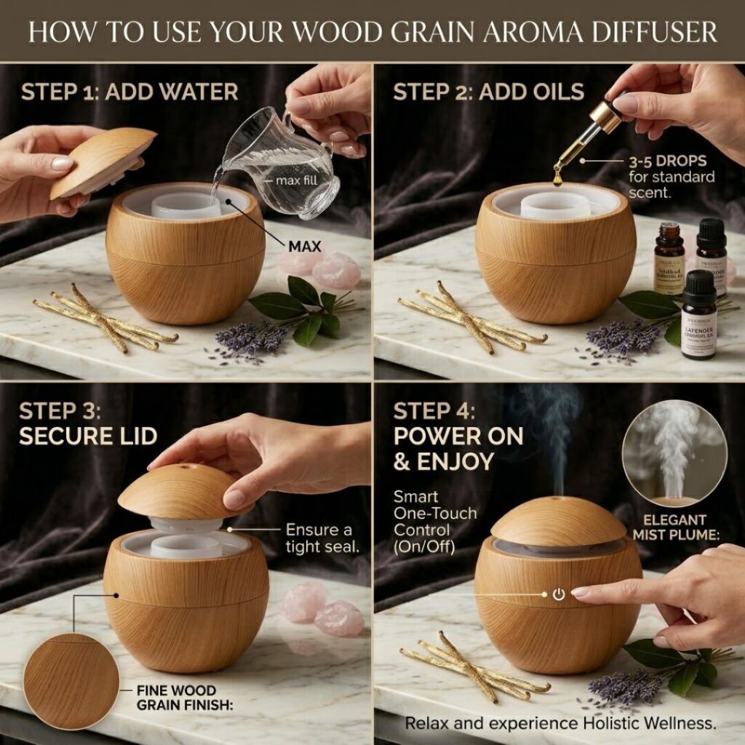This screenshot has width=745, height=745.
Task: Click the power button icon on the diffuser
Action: pyautogui.click(x=558, y=594)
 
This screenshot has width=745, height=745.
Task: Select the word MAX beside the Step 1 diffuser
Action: pyautogui.click(x=305, y=247)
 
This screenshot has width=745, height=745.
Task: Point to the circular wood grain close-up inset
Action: pyautogui.click(x=71, y=681)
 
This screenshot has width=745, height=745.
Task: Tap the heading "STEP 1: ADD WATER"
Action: pyautogui.click(x=130, y=92)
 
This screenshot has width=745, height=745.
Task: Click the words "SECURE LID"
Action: pyautogui.click(x=88, y=436)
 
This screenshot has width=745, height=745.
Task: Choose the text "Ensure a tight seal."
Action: pyautogui.click(x=322, y=538)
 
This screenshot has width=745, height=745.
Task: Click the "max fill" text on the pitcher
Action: pyautogui.click(x=296, y=179)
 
